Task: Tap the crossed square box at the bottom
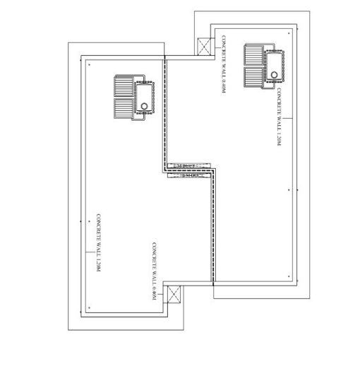(x=173, y=295)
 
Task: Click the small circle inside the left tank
(x=145, y=105)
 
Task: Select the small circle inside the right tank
(x=274, y=71)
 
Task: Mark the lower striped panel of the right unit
(x=253, y=77)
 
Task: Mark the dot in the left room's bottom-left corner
(x=90, y=308)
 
